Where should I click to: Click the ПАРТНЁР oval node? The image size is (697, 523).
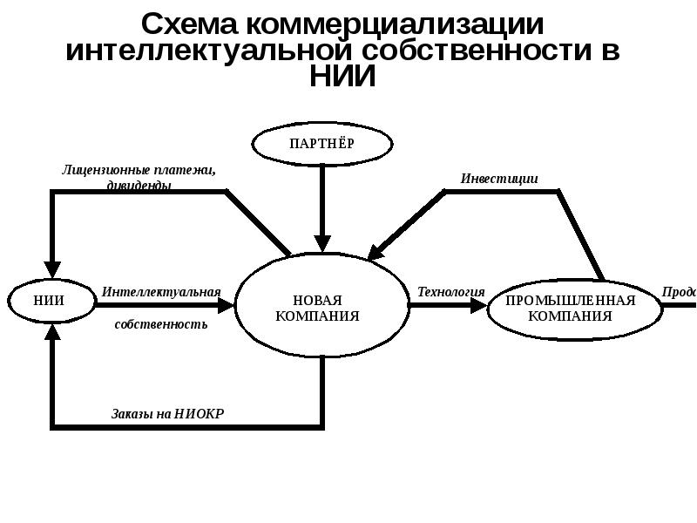[x=322, y=144]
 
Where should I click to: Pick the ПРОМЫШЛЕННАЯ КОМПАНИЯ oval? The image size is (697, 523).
[x=570, y=308]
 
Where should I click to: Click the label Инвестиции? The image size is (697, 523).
[x=499, y=179]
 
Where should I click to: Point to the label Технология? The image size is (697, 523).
[x=450, y=291]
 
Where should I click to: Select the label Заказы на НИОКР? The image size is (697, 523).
[x=167, y=413]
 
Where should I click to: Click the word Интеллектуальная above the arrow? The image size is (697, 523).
[x=161, y=291]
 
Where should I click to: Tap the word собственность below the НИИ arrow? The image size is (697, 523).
[x=161, y=324]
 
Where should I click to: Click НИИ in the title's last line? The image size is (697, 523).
[x=342, y=77]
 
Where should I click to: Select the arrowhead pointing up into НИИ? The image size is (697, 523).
[x=53, y=331]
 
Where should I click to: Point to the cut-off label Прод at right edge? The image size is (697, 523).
[x=679, y=291]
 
